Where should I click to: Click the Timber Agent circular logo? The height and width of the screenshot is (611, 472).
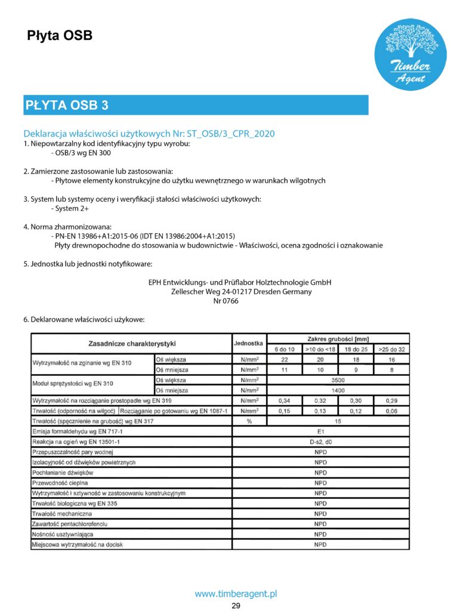pyautogui.click(x=411, y=54)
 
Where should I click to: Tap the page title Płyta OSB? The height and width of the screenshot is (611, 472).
pyautogui.click(x=60, y=36)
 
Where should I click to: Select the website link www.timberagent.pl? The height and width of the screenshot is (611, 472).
pyautogui.click(x=236, y=594)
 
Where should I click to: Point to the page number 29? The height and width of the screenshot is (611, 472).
pyautogui.click(x=236, y=606)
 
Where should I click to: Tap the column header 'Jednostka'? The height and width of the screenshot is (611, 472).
pyautogui.click(x=249, y=344)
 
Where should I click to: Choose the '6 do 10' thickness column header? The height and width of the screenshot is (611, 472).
pyautogui.click(x=285, y=349)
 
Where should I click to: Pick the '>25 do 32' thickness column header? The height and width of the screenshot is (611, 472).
pyautogui.click(x=391, y=349)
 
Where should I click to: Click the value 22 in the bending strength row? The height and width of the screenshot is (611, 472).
pyautogui.click(x=285, y=360)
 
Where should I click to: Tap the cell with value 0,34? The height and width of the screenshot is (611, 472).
pyautogui.click(x=285, y=400)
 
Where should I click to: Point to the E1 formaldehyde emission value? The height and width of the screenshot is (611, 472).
pyautogui.click(x=320, y=431)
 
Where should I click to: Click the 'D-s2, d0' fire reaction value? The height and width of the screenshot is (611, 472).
pyautogui.click(x=320, y=442)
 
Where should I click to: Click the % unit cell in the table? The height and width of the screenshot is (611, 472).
pyautogui.click(x=249, y=421)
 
